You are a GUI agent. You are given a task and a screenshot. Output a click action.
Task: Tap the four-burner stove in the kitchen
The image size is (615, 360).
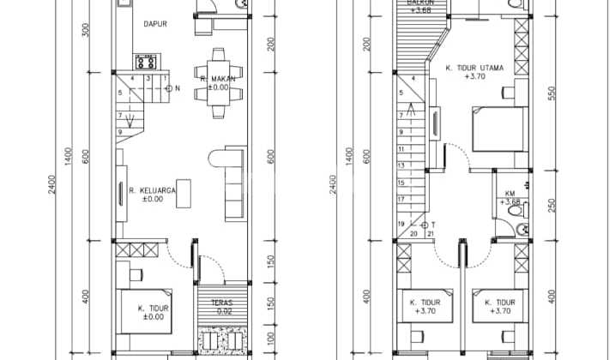145,62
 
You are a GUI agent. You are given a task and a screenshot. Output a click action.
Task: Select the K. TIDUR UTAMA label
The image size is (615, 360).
473,67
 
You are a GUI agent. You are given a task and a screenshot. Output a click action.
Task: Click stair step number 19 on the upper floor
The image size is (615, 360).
400,224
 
